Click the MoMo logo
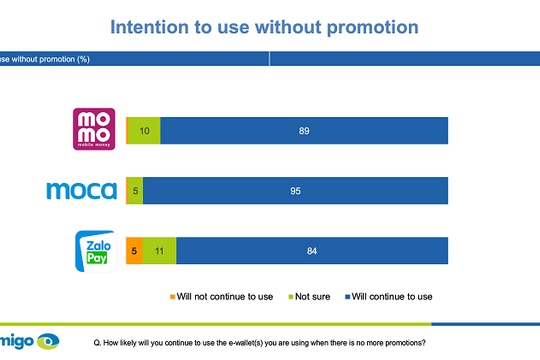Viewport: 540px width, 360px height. pyautogui.click(x=95, y=129)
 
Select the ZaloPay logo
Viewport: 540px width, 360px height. pyautogui.click(x=96, y=249)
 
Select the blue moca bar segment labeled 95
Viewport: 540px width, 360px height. pyautogui.click(x=296, y=190)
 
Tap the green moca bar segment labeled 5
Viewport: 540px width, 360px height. pyautogui.click(x=134, y=190)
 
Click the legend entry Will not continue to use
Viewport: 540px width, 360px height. pyautogui.click(x=220, y=296)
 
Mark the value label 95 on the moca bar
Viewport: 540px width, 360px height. pyautogui.click(x=296, y=190)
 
